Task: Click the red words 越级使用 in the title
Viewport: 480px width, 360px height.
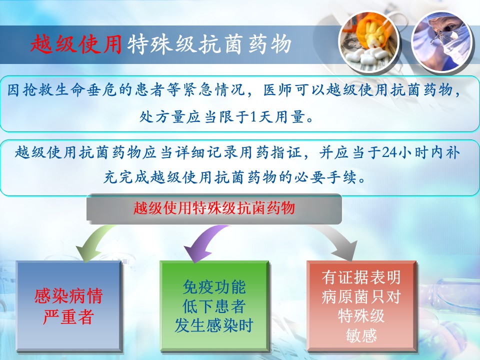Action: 76,44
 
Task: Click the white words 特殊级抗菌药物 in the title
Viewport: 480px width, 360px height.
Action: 209,44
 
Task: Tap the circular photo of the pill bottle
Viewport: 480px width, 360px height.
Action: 369,42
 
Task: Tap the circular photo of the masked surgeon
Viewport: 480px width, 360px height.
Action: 441,42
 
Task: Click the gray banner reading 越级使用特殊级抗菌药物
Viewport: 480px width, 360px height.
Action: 214,208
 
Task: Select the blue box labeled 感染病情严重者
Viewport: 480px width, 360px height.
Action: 69,306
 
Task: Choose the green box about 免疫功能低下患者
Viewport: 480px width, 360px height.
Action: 214,306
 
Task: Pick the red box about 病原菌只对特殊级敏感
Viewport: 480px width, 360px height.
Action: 361,306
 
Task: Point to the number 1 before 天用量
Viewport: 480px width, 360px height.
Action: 253,116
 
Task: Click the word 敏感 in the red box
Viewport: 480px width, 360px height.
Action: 361,335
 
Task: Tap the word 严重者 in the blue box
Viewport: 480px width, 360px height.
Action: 68,317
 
